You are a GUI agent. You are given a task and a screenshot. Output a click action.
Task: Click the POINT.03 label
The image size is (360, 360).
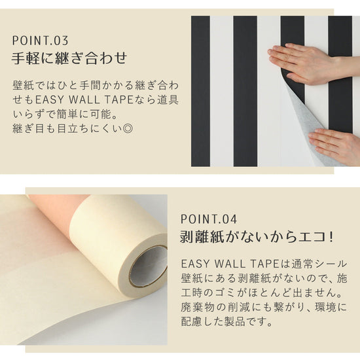point(40,41)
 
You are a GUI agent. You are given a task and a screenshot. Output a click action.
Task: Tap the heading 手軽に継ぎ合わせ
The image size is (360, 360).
point(69,58)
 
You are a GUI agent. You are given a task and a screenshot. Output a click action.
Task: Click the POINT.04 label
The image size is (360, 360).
point(208,219)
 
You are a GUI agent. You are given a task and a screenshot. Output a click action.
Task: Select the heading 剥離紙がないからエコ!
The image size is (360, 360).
point(256,237)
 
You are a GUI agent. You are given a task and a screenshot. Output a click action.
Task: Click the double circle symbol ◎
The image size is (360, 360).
point(128,128)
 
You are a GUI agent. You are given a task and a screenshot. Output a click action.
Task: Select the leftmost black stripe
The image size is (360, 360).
point(200,91)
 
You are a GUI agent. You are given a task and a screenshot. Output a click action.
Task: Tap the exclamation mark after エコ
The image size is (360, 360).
point(331,237)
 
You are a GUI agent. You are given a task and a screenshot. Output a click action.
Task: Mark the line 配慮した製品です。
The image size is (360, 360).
point(226,321)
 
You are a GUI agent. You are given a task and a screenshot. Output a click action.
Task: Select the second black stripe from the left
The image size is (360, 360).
point(245,91)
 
